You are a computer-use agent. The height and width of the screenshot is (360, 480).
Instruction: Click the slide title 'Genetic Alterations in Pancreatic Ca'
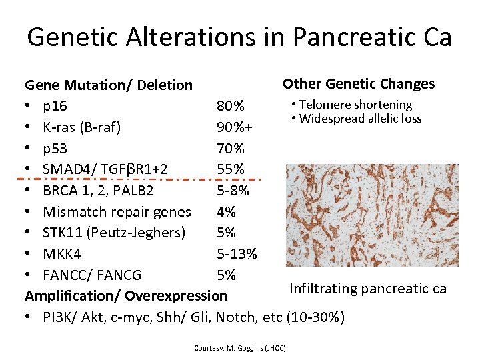(239, 37)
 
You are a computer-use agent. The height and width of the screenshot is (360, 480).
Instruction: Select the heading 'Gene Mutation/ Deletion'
(109, 85)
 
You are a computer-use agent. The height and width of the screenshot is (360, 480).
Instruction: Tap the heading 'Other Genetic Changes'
(359, 83)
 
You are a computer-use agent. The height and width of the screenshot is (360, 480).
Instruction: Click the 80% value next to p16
(231, 106)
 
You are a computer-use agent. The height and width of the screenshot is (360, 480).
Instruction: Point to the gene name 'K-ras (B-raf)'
(81, 127)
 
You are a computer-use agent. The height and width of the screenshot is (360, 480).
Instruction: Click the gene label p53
(55, 148)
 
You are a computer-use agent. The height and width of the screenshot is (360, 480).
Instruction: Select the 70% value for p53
(231, 148)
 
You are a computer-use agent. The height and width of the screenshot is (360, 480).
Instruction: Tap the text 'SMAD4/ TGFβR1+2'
(105, 169)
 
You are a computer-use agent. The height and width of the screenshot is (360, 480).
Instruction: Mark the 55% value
(231, 169)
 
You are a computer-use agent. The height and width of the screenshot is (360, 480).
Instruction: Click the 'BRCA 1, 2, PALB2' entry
(98, 191)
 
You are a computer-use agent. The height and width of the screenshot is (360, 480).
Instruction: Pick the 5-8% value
(233, 191)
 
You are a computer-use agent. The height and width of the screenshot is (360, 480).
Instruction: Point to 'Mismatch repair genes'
(117, 212)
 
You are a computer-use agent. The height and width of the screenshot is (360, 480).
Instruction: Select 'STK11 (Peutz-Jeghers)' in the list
(114, 233)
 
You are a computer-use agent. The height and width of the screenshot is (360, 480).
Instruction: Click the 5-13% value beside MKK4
(237, 254)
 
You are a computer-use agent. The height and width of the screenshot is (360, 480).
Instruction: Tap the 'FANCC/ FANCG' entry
(92, 275)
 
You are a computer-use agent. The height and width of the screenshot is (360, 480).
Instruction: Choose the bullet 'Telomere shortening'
(355, 105)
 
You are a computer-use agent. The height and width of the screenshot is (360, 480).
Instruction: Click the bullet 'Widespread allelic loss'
(360, 119)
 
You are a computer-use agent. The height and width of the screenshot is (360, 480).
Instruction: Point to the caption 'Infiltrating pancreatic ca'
(367, 289)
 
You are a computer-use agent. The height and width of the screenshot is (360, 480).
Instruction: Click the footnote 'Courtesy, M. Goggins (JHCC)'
(239, 348)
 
